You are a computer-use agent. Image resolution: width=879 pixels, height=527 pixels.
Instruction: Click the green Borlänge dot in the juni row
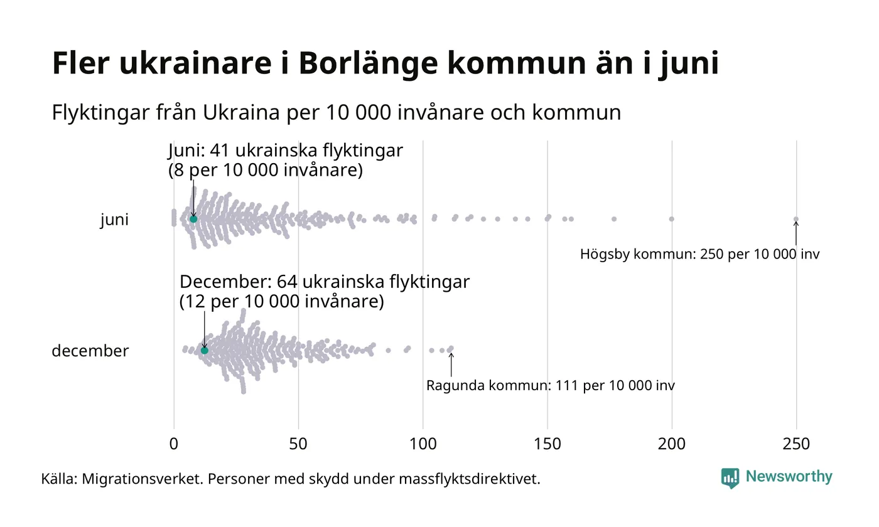[193, 219]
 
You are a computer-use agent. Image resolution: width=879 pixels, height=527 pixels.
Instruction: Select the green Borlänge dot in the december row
[204, 350]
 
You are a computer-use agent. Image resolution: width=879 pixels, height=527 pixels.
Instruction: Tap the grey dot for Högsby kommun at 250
[796, 219]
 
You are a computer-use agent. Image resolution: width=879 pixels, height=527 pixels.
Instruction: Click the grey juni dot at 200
[672, 219]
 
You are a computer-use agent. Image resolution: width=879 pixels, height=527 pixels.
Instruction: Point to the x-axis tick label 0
[174, 444]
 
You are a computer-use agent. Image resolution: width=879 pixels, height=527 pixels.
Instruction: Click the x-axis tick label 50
[298, 444]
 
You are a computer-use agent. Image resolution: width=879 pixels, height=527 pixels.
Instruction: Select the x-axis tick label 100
[423, 444]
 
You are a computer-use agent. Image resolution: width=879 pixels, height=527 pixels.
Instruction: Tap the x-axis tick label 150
[547, 444]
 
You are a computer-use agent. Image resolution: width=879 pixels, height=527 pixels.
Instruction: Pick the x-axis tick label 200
[672, 444]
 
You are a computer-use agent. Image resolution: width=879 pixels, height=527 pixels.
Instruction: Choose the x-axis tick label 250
[796, 444]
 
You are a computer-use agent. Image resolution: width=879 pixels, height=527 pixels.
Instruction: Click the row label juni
[114, 220]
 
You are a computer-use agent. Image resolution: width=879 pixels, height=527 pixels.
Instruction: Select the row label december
[90, 351]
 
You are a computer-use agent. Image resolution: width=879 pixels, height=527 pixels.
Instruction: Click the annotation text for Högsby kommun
[699, 255]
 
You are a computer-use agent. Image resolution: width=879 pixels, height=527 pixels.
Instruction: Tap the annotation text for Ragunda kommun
[550, 386]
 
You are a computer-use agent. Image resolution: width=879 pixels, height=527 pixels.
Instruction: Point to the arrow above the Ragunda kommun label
[451, 364]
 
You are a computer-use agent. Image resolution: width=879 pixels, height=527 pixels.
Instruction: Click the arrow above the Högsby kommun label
[796, 233]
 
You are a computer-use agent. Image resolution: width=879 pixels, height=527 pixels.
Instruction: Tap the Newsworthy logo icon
[730, 478]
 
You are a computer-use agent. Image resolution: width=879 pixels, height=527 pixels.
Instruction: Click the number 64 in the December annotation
[288, 282]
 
